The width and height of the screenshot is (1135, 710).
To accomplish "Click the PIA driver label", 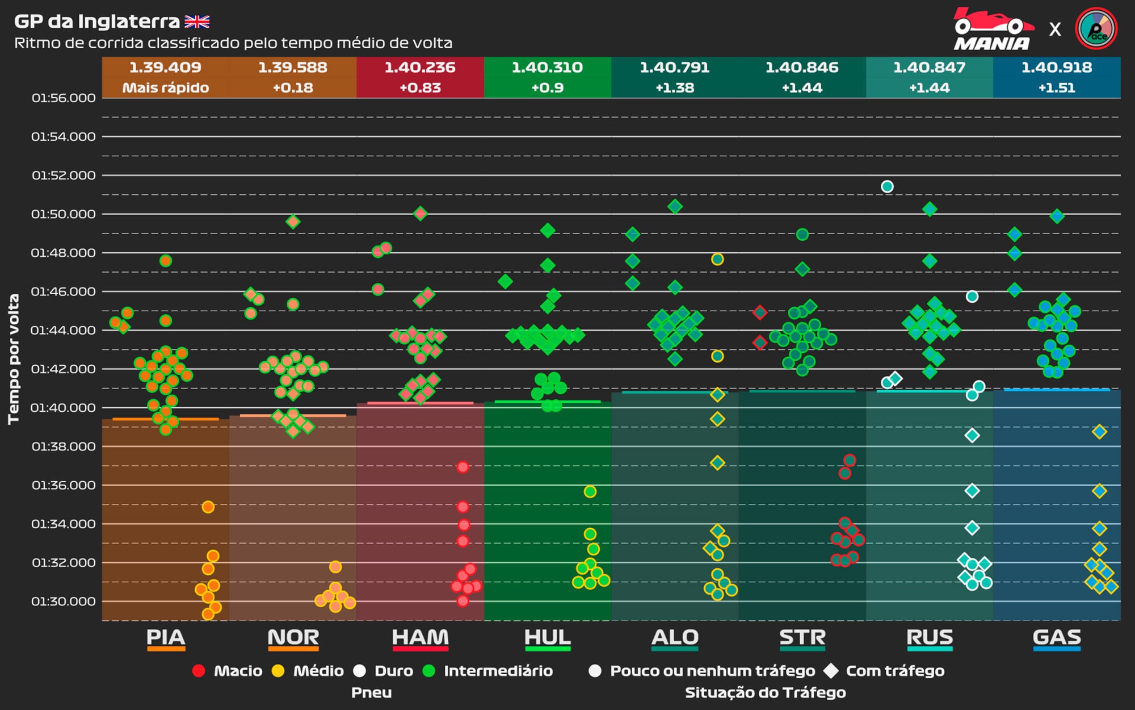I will tap(165, 637).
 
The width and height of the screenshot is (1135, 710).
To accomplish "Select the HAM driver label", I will tap(420, 637).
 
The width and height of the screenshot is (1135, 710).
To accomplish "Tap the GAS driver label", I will tap(1057, 637).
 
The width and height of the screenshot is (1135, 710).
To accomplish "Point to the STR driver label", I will tap(802, 637).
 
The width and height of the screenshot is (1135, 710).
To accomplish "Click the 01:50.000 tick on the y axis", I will tap(63, 214).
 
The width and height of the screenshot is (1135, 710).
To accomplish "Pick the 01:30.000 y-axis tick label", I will tap(63, 602).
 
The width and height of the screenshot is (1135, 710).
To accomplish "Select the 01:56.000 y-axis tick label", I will tap(63, 98).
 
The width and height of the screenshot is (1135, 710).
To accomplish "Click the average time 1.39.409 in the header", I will tap(165, 68).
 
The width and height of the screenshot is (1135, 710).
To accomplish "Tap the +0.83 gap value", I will tap(420, 88).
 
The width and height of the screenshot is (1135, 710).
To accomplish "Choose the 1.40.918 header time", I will tap(1057, 68).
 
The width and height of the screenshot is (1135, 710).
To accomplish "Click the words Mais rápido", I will tap(165, 88).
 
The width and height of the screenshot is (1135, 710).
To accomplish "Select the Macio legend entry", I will tap(238, 671).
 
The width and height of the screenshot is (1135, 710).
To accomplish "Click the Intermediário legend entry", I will tap(498, 671).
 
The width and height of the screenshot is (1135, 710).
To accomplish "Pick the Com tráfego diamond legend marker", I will tap(831, 671).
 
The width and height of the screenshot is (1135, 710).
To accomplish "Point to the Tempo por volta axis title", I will tap(14, 359).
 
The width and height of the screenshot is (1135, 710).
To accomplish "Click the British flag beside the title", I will tap(197, 22).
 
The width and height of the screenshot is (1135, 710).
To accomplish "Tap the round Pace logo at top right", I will tap(1096, 28).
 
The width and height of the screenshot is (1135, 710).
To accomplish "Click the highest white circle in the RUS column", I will tap(887, 187).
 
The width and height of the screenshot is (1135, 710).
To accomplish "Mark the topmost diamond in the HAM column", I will tap(420, 214).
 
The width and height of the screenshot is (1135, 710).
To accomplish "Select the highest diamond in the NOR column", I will tap(293, 222).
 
